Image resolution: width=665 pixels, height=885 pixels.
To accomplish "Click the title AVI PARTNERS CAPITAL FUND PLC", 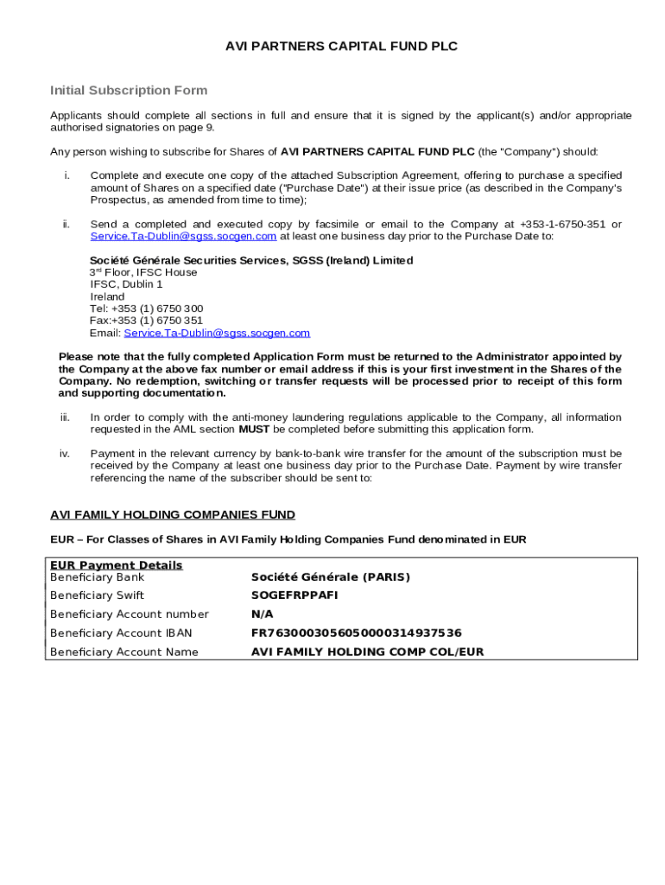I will tap(341, 47).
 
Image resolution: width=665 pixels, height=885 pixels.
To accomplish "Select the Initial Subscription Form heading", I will tap(129, 90).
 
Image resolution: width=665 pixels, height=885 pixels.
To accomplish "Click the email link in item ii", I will tap(183, 236).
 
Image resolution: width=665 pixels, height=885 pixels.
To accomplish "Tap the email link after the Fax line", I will tap(217, 333).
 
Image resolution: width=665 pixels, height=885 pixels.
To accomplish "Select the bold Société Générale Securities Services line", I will tap(251, 260).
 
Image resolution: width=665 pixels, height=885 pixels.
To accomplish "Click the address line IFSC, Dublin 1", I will tap(126, 284).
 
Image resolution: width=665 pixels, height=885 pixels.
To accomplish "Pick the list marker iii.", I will tap(65, 417).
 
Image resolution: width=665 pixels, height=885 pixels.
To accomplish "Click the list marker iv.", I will tap(65, 454).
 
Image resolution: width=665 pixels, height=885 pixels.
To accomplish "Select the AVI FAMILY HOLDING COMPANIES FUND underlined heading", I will tap(173, 515).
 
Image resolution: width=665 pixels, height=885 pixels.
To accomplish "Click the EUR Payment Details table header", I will tap(116, 565).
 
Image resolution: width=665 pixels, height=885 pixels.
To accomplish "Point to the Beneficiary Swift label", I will tap(97, 595).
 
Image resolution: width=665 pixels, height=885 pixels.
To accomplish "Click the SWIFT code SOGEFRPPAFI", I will tap(294, 595).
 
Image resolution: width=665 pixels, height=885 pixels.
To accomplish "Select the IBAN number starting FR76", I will tap(356, 634).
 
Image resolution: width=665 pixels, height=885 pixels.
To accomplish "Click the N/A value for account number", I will tap(262, 614).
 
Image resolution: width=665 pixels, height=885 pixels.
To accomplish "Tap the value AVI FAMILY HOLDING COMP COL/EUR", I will tap(367, 653).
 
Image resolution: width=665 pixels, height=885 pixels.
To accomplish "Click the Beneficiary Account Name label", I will tap(123, 653).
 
